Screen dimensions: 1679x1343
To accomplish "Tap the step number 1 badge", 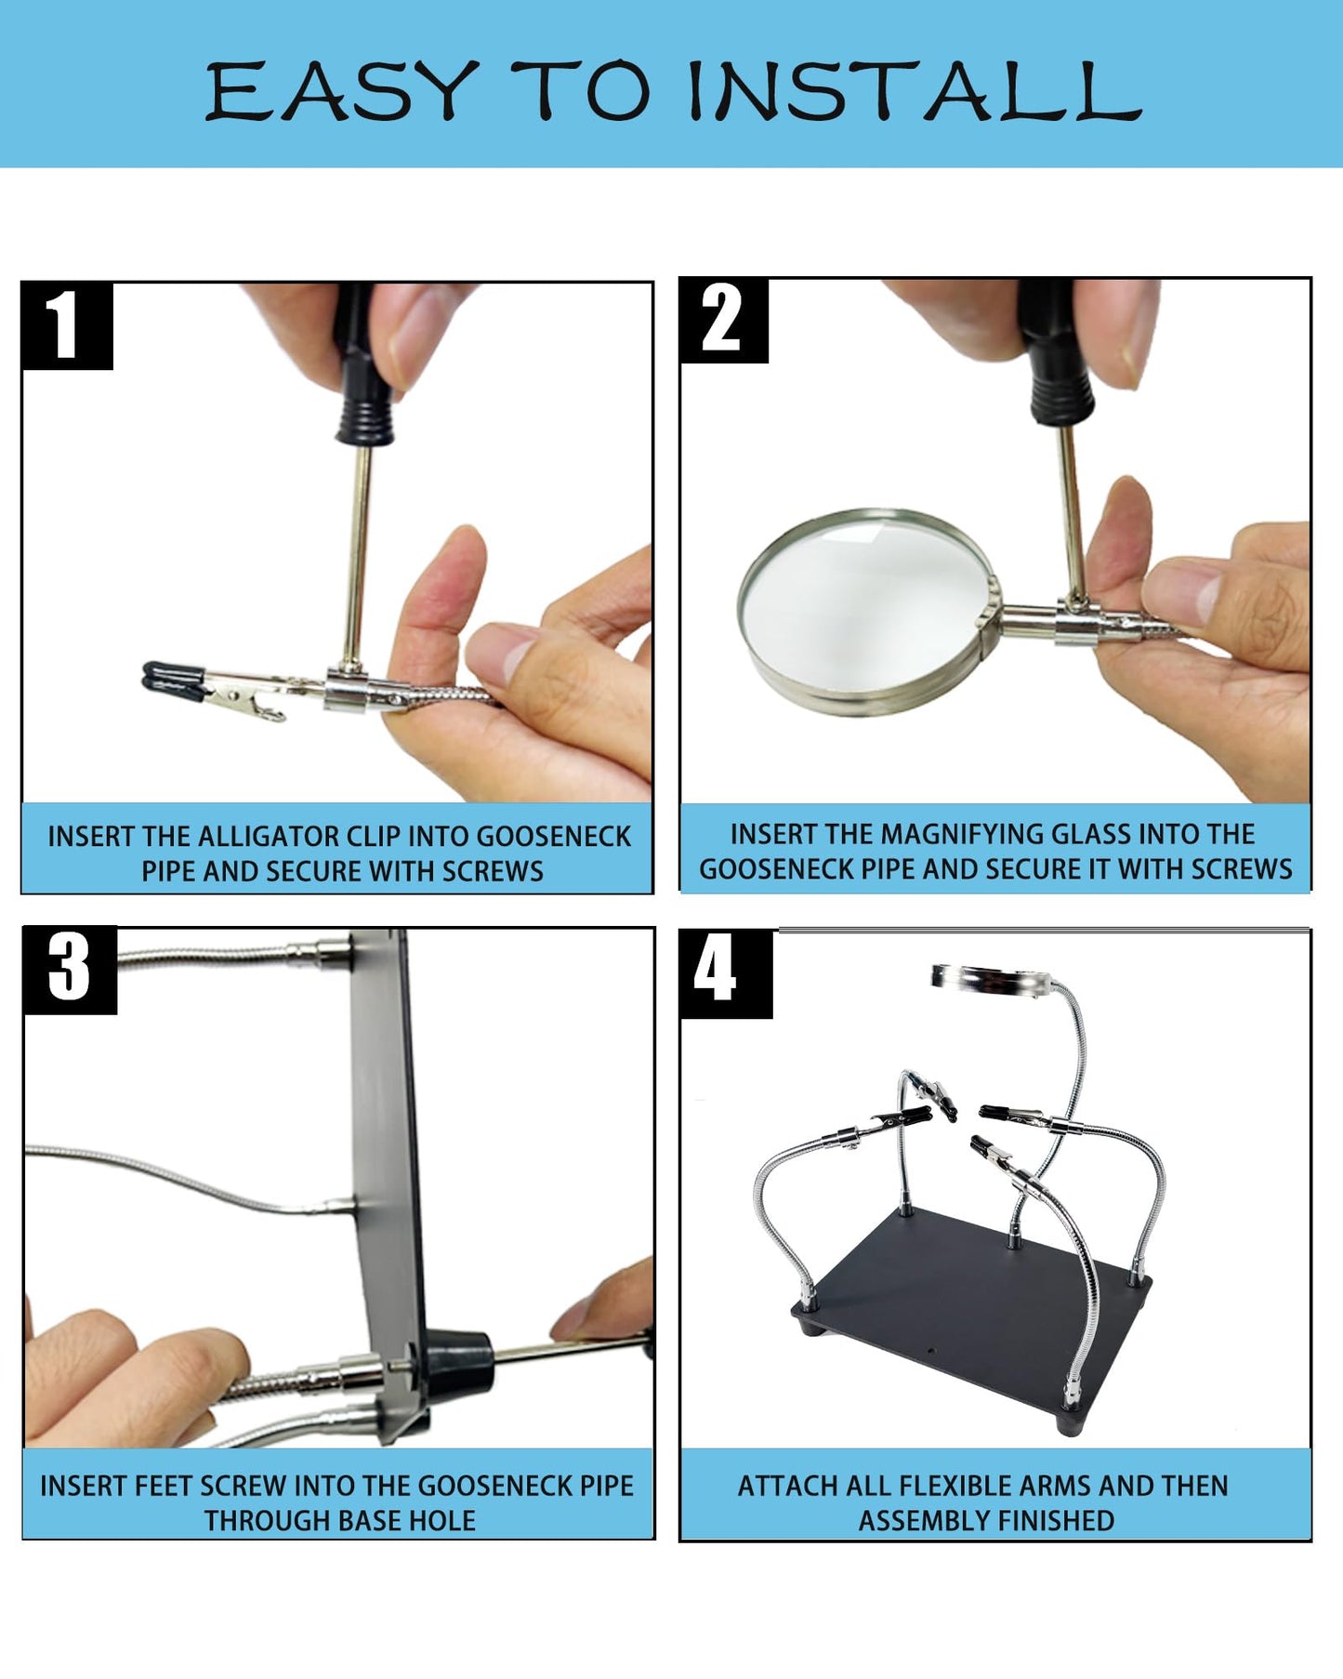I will pyautogui.click(x=66, y=325).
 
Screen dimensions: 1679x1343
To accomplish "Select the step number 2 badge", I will pyautogui.click(x=722, y=320).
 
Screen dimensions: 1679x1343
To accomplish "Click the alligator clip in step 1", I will pyautogui.click(x=223, y=692).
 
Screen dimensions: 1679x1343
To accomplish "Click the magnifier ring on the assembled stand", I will pyautogui.click(x=991, y=978).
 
